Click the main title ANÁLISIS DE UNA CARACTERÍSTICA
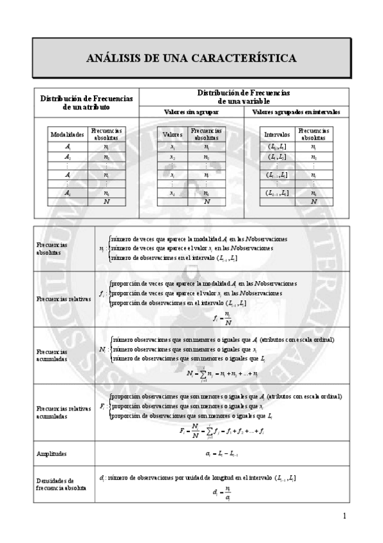click(191, 59)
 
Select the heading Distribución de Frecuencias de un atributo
click(86, 102)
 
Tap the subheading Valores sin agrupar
click(191, 112)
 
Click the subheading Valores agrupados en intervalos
click(296, 112)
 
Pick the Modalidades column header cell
click(67, 135)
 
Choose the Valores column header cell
click(173, 135)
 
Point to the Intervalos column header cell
click(277, 135)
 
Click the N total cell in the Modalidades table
click(106, 201)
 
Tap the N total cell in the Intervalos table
click(313, 201)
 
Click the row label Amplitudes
click(52, 454)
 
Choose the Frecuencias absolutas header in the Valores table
click(205, 134)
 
